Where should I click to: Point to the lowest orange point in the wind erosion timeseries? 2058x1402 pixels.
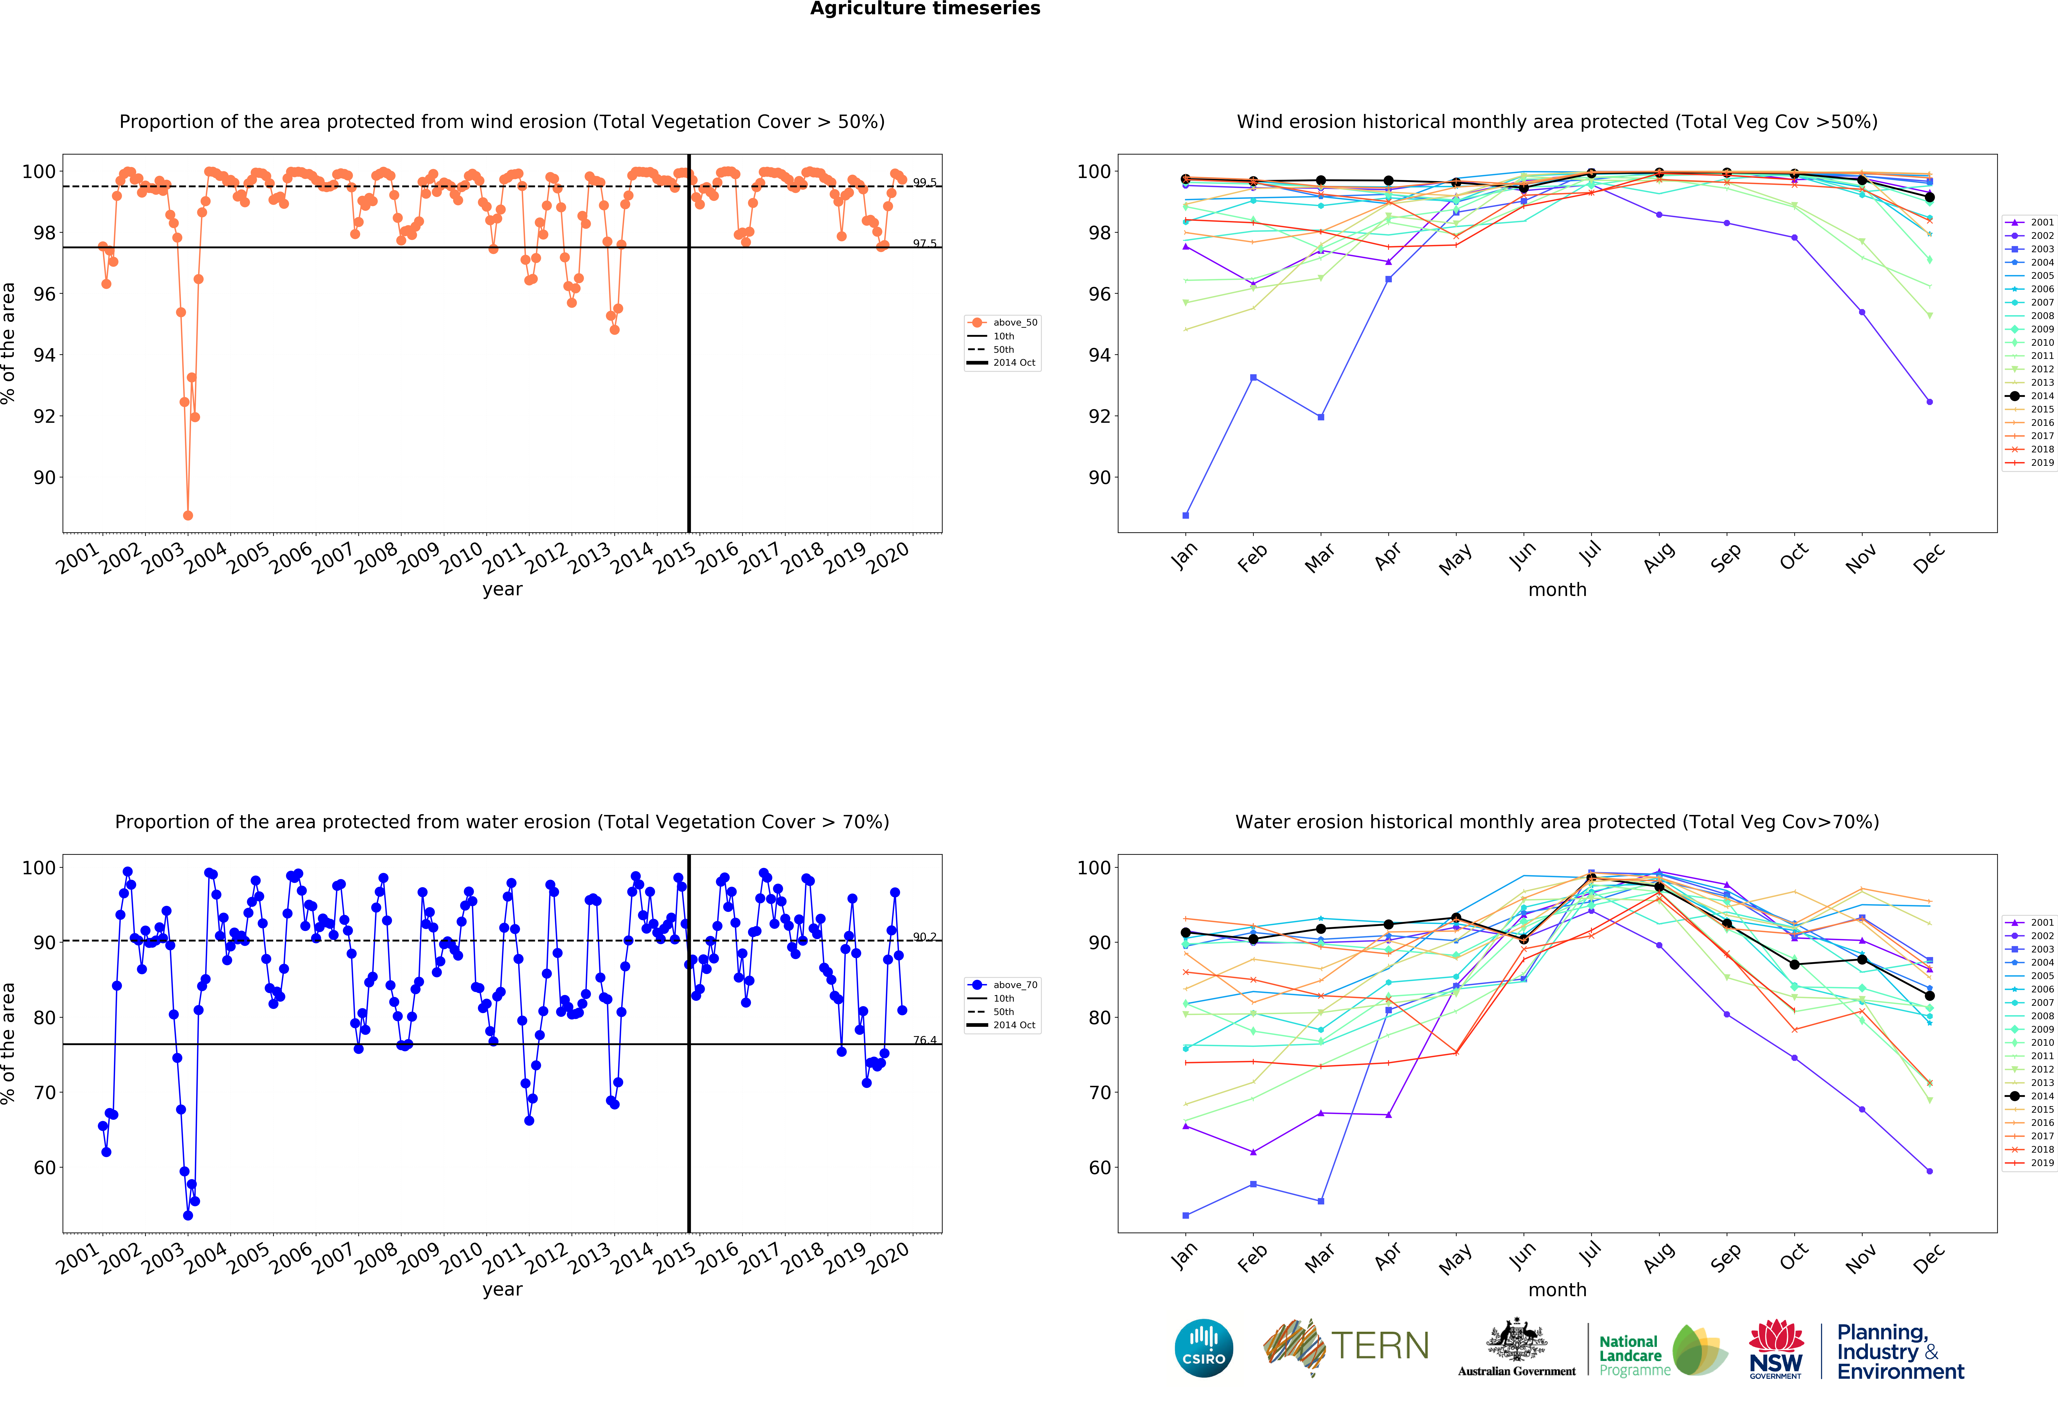coord(188,515)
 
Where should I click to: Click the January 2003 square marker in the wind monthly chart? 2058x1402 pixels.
coord(1186,515)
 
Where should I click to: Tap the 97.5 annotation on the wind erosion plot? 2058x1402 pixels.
coord(925,243)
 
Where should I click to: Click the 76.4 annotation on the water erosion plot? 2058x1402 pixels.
coord(925,1040)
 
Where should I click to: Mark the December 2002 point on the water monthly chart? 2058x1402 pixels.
coord(1930,1171)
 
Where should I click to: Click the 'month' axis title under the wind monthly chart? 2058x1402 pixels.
coord(1557,589)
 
